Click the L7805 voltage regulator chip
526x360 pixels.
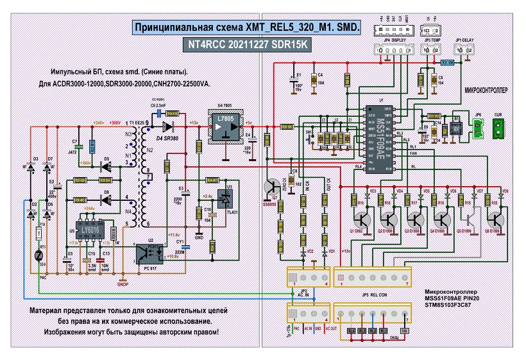(226, 126)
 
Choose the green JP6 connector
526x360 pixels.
(477, 130)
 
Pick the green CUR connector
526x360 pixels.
(498, 130)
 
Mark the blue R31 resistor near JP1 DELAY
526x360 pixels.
(447, 62)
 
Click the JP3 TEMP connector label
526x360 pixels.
(431, 40)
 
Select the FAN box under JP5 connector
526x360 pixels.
(405, 330)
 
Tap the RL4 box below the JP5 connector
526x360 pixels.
(351, 330)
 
